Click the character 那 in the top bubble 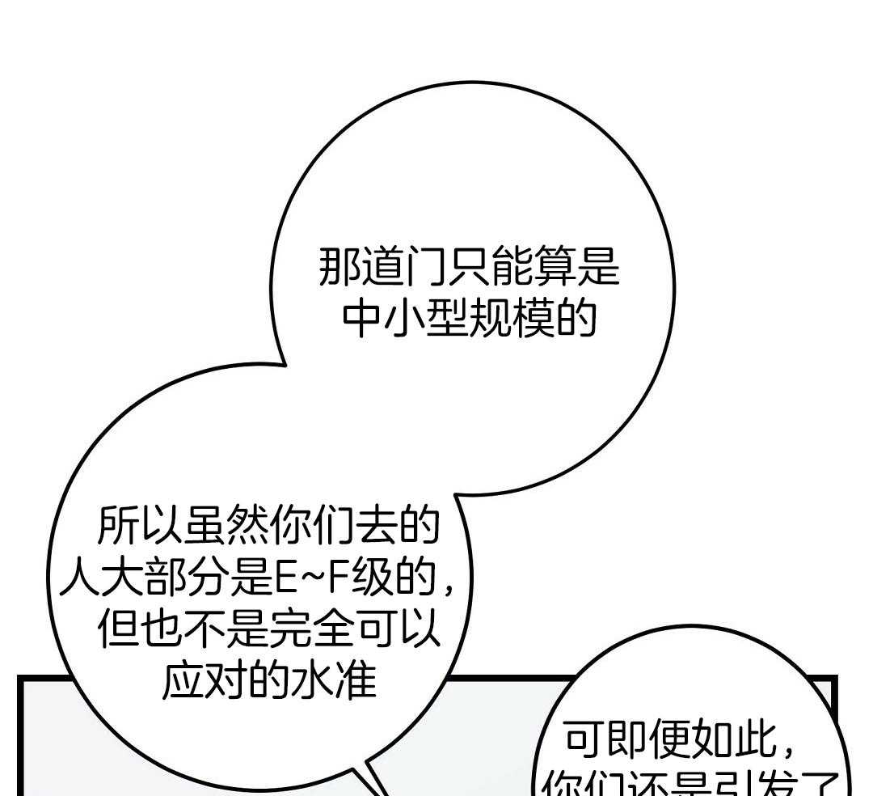pos(339,267)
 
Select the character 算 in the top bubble pos(555,267)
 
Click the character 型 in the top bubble pos(447,318)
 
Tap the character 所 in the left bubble pos(117,526)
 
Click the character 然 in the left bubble pos(246,526)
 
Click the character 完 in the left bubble pos(289,629)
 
